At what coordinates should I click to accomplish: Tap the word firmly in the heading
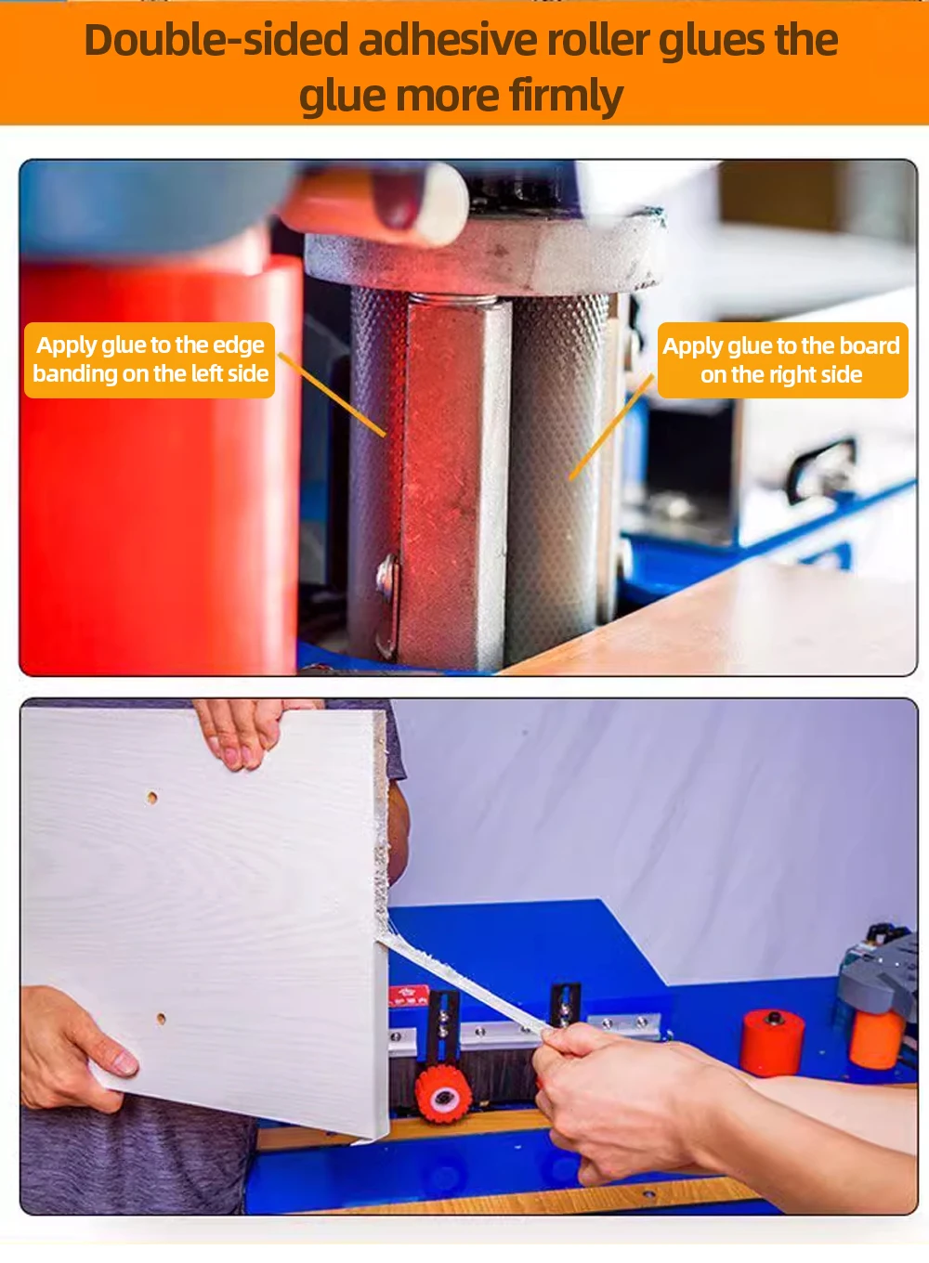[567, 95]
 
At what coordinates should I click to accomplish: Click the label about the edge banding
[150, 359]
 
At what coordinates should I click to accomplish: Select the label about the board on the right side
[782, 360]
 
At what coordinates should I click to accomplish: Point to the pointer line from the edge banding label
[332, 395]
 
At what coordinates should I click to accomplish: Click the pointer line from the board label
[611, 429]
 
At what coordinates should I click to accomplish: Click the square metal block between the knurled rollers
[457, 484]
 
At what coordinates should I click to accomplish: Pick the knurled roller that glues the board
[558, 479]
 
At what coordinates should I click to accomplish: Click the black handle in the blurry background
[822, 468]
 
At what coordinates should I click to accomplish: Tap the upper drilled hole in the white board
[151, 798]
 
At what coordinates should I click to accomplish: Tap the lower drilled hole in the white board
[161, 1018]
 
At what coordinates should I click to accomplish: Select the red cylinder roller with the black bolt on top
[773, 1042]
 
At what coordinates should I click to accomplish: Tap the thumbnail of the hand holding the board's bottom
[124, 1062]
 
